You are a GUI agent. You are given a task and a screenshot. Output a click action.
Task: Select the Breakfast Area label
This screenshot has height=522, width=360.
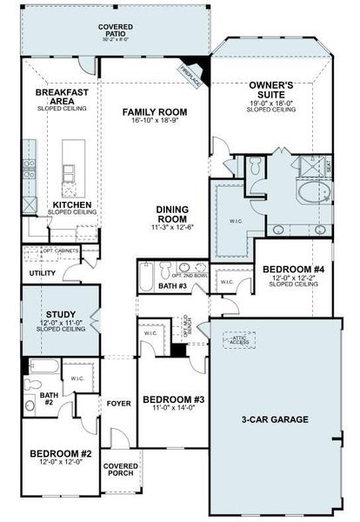coord(60,97)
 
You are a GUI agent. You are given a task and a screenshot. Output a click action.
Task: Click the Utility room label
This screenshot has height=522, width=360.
coord(42,273)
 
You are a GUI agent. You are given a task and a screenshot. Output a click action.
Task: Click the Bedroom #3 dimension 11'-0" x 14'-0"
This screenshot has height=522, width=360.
coord(174,407)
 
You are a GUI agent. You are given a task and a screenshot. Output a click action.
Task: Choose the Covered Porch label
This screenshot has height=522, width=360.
coord(120,471)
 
